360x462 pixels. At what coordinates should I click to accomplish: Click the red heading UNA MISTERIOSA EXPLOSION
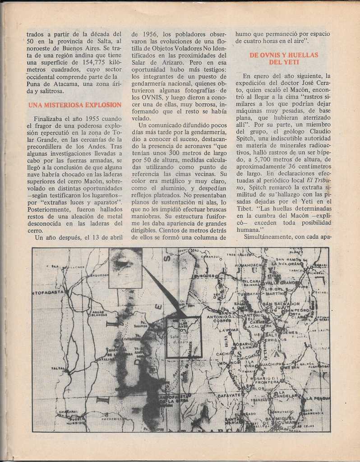click(x=74, y=105)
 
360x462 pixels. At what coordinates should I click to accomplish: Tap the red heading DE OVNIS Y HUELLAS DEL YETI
click(x=284, y=58)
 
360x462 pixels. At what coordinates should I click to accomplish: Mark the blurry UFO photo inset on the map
click(x=125, y=268)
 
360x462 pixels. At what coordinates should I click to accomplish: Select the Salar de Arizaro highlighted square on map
click(x=183, y=337)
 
